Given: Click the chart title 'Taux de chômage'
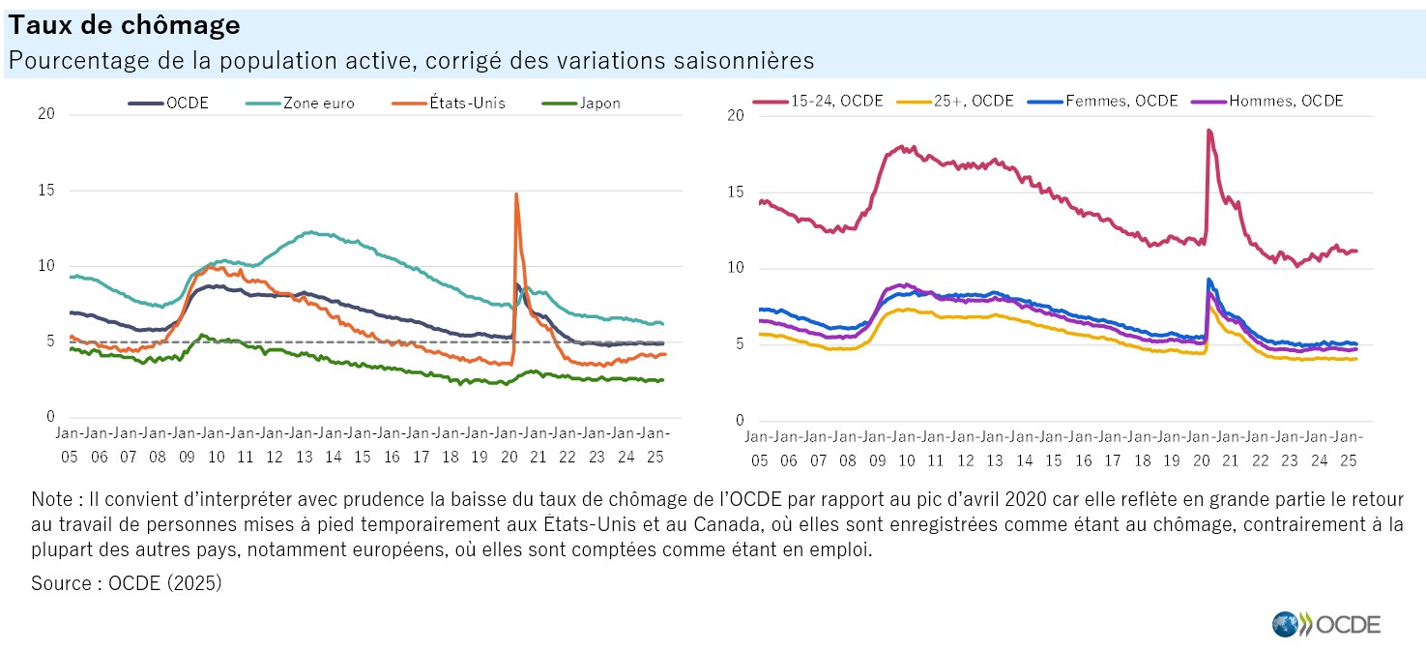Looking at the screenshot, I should [x=125, y=26].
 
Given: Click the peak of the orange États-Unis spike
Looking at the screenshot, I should [x=516, y=194].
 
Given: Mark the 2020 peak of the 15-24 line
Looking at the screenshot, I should [x=1209, y=131].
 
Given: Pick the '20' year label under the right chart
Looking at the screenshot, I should [x=1201, y=460].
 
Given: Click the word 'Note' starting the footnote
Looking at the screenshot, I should [x=50, y=500].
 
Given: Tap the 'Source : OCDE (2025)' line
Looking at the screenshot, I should [x=127, y=583].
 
